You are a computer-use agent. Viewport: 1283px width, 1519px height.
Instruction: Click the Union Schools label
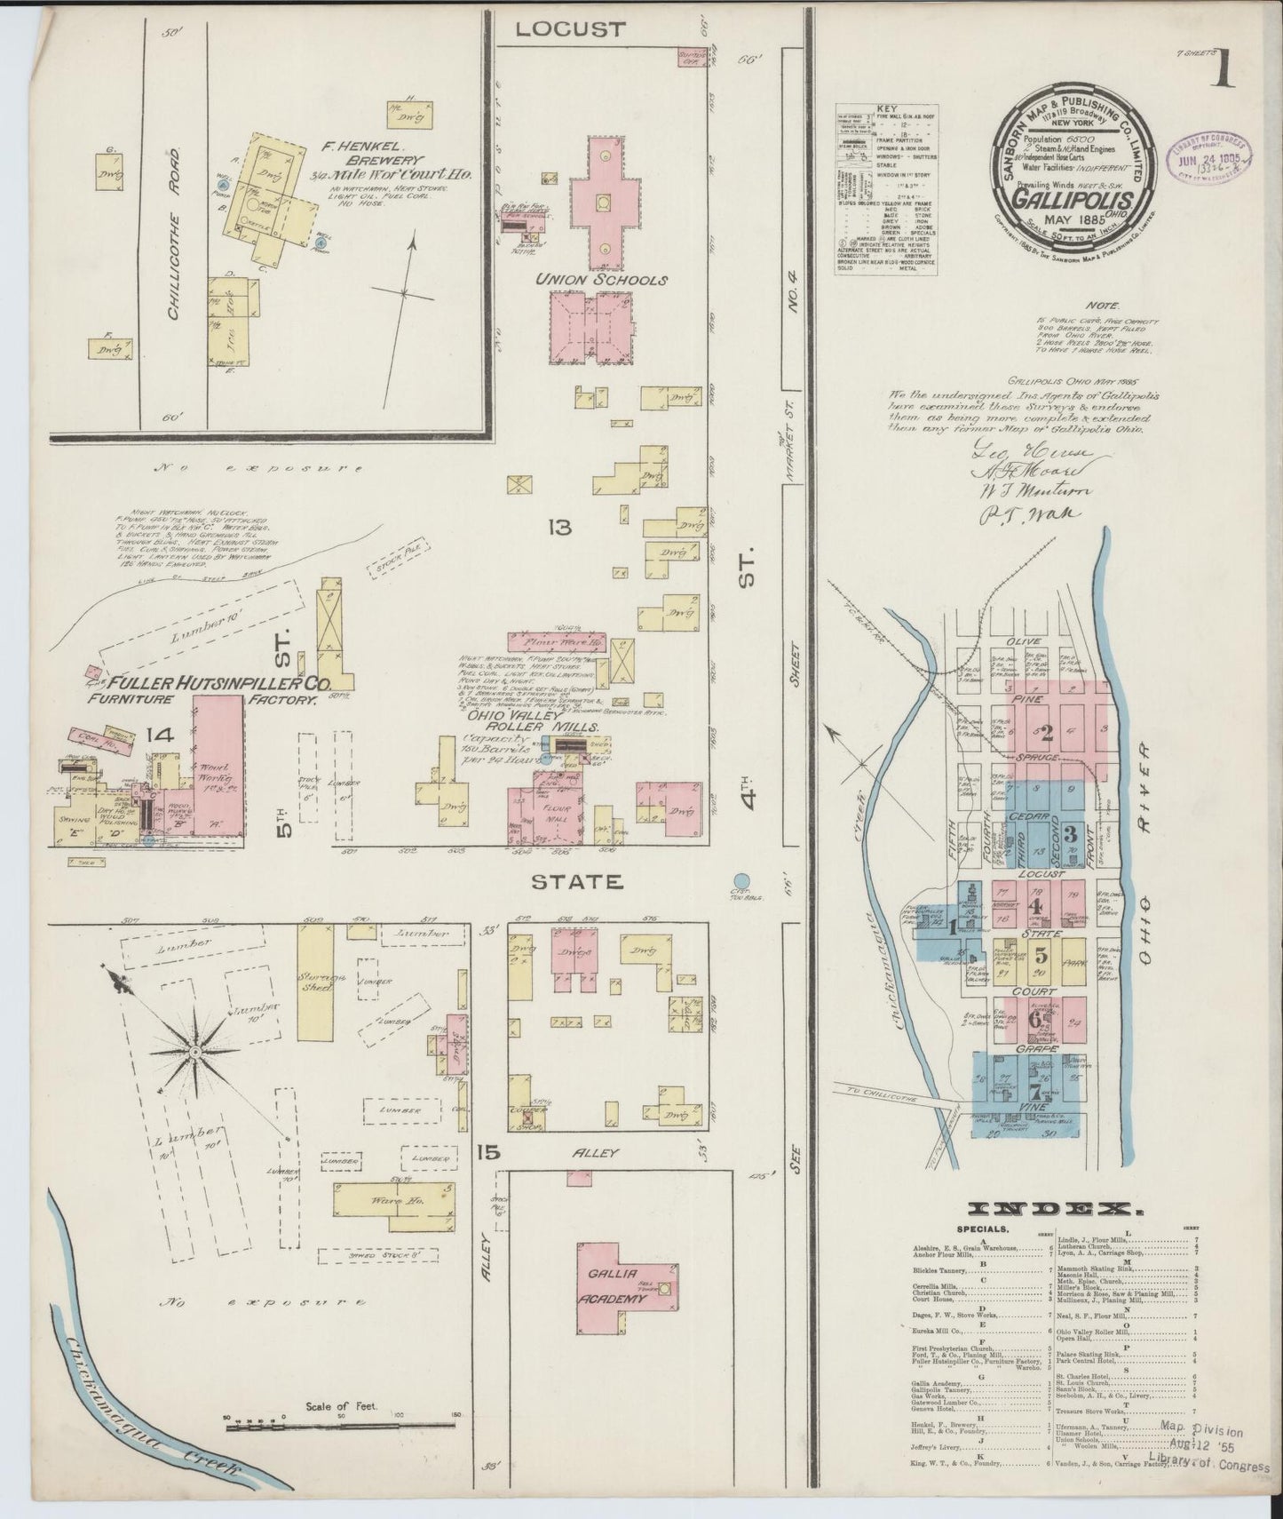[x=600, y=280]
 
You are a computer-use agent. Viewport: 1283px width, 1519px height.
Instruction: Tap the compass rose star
[x=194, y=1052]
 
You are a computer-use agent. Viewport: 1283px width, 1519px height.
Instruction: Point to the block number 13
[x=559, y=528]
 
